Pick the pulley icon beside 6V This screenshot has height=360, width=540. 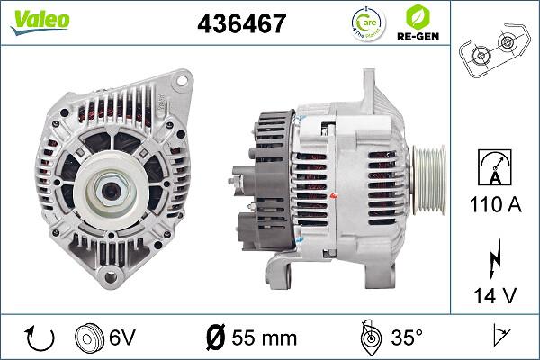point(89,338)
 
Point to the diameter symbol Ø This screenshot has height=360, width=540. point(215,338)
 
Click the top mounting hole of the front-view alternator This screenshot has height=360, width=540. point(184,80)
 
